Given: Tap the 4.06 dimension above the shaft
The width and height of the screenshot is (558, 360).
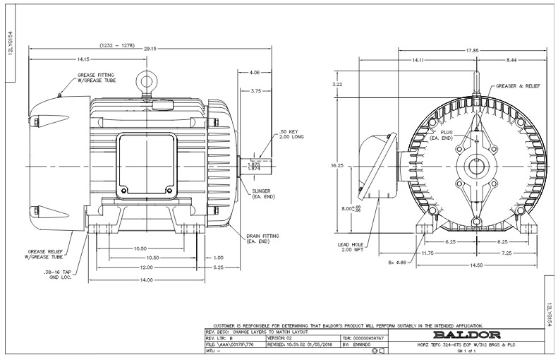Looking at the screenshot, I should click(x=254, y=72).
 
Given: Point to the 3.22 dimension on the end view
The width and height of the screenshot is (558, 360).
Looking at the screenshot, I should click(x=336, y=84).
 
